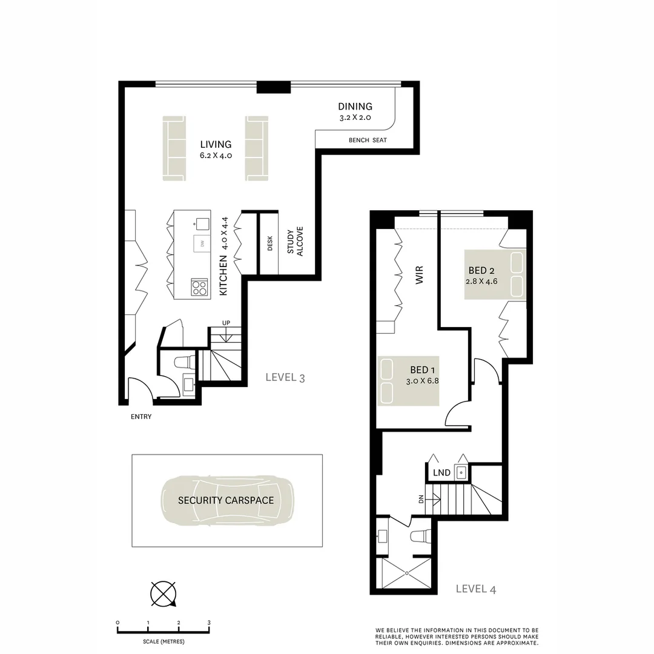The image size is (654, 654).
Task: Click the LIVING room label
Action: click(x=216, y=144)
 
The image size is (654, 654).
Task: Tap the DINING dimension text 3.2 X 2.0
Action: click(x=355, y=118)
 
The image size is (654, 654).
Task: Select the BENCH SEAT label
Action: click(x=368, y=140)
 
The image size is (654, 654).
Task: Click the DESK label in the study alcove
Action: click(x=270, y=243)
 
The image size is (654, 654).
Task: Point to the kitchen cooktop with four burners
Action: click(x=199, y=287)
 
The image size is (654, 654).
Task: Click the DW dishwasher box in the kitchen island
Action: click(x=201, y=243)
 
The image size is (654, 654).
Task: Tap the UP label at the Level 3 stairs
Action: click(x=226, y=323)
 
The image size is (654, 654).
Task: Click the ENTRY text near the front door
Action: click(x=141, y=417)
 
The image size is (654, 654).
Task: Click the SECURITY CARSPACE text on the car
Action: click(x=226, y=500)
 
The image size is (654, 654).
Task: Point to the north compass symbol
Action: click(x=163, y=593)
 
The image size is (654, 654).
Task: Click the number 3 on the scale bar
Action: click(x=209, y=623)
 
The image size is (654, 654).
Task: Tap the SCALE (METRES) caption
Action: click(x=163, y=641)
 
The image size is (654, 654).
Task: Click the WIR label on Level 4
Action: click(x=418, y=276)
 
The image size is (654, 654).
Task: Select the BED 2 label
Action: click(x=482, y=270)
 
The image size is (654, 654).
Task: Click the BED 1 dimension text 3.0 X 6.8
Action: click(x=422, y=381)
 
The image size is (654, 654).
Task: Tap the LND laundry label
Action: click(x=441, y=472)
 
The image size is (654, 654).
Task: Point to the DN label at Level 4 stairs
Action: click(x=420, y=500)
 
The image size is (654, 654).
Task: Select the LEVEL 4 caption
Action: click(x=475, y=589)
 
